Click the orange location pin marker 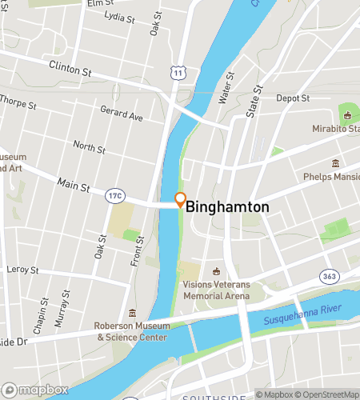[180, 200]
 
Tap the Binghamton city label [228, 206]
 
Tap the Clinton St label [70, 69]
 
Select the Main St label [73, 186]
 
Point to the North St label [88, 147]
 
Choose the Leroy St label [22, 270]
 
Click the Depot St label [293, 98]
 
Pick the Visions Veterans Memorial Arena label [216, 289]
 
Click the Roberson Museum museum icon [133, 313]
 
